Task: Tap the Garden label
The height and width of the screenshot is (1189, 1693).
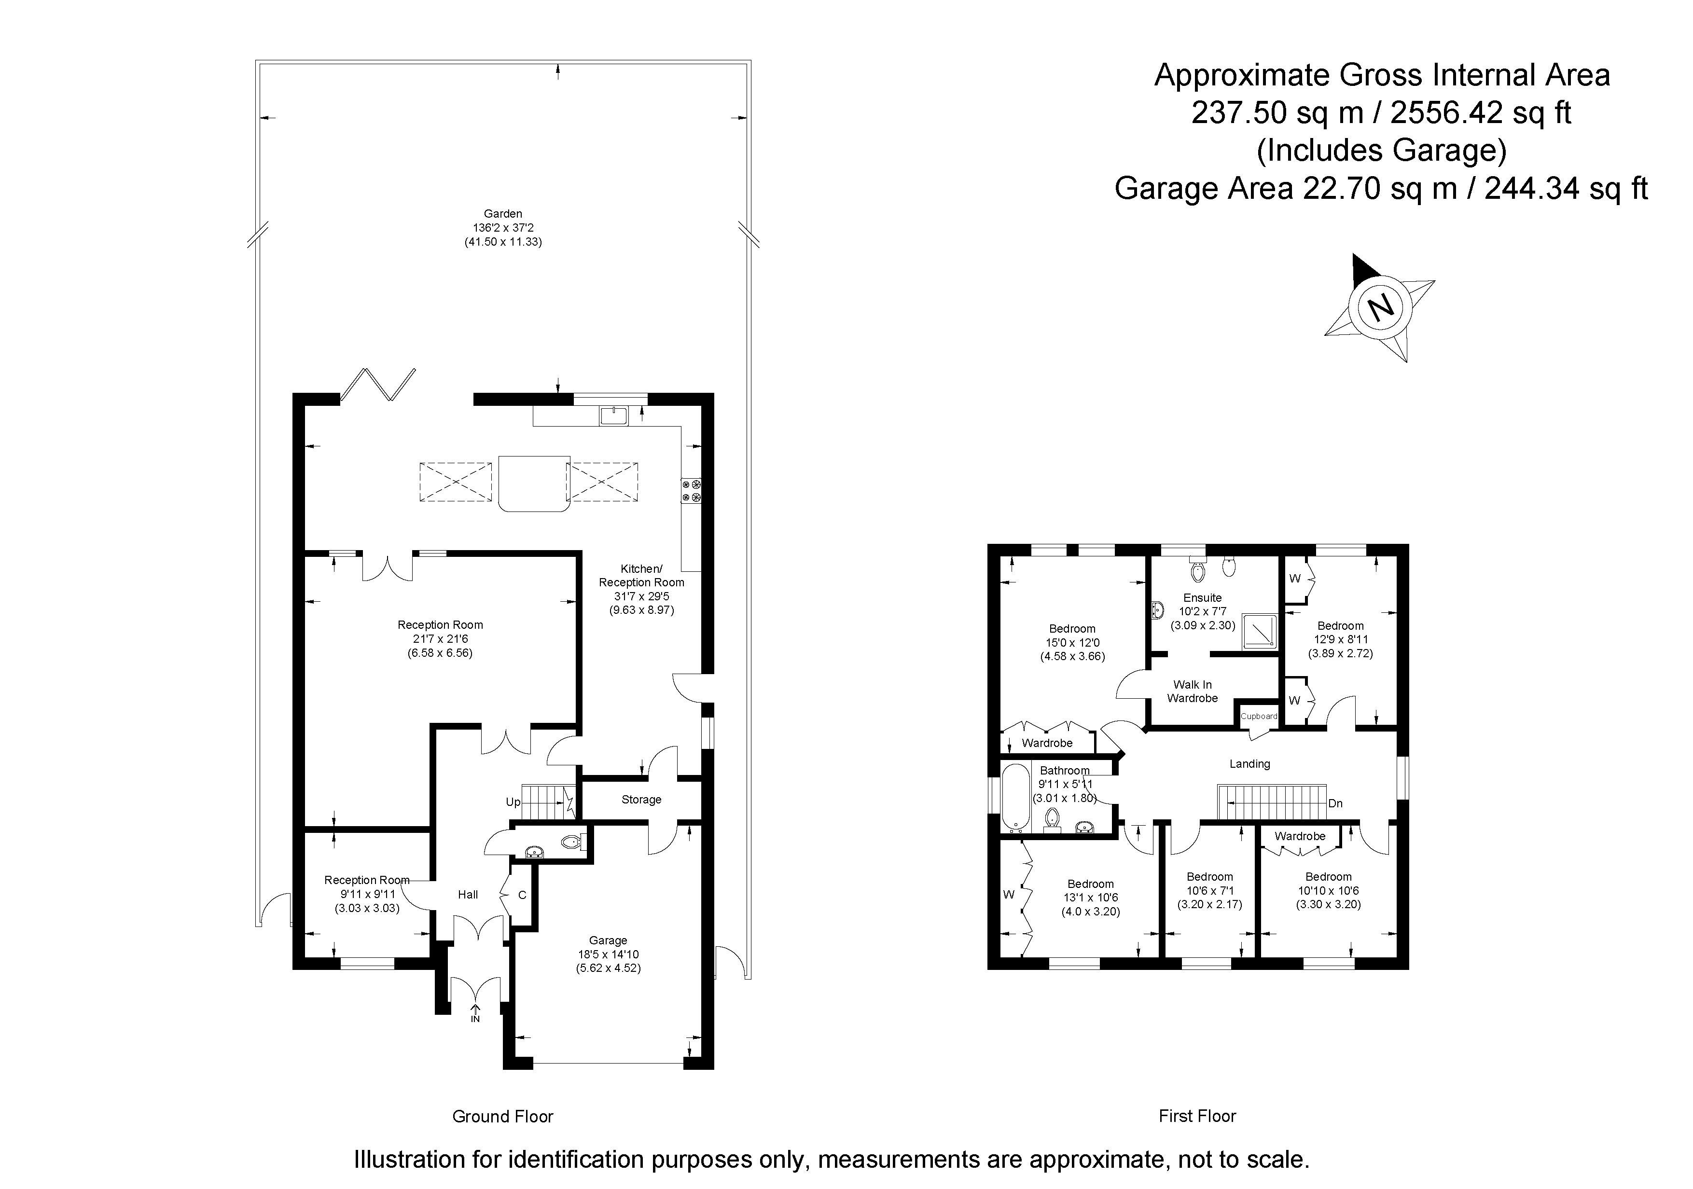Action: pyautogui.click(x=503, y=214)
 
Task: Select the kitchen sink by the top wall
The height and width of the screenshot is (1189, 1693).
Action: pyautogui.click(x=613, y=416)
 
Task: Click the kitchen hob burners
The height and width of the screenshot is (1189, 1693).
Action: pyautogui.click(x=692, y=491)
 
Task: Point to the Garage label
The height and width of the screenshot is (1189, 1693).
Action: pyautogui.click(x=608, y=940)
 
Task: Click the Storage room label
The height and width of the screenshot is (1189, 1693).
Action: pyautogui.click(x=641, y=800)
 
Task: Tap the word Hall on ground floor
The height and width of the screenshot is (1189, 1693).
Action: pyautogui.click(x=468, y=895)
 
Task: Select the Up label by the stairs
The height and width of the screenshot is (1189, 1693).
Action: pyautogui.click(x=513, y=802)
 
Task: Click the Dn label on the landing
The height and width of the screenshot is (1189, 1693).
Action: pyautogui.click(x=1335, y=803)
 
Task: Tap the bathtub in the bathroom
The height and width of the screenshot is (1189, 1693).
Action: pyautogui.click(x=1015, y=798)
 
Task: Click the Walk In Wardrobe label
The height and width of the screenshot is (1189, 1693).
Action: pyautogui.click(x=1193, y=691)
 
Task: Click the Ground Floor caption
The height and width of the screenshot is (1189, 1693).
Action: pyautogui.click(x=503, y=1117)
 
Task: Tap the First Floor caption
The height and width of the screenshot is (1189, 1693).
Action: pyautogui.click(x=1197, y=1116)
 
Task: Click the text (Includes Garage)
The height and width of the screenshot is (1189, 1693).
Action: pyautogui.click(x=1382, y=151)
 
